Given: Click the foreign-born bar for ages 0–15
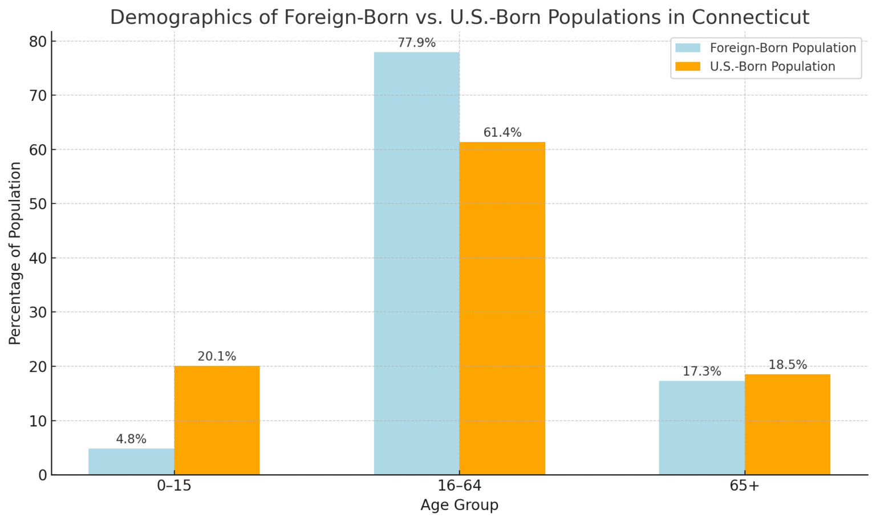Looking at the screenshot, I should pyautogui.click(x=131, y=462).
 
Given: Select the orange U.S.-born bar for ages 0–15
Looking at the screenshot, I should pyautogui.click(x=217, y=421).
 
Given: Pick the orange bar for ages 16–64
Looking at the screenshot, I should pyautogui.click(x=502, y=308).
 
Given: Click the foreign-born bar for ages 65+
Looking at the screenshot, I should pyautogui.click(x=701, y=427).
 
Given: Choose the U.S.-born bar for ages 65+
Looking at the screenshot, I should pyautogui.click(x=788, y=425).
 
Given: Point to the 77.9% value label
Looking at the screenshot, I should pyautogui.click(x=416, y=43).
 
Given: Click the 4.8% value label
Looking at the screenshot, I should pyautogui.click(x=131, y=439).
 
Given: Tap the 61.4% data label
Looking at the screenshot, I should pyautogui.click(x=502, y=133).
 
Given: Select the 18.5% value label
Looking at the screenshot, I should pyautogui.click(x=788, y=365).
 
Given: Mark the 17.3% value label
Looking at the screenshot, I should pyautogui.click(x=701, y=372).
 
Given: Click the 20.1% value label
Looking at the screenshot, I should pyautogui.click(x=217, y=357).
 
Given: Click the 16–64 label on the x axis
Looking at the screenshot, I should pyautogui.click(x=459, y=486).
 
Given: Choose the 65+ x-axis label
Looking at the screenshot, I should pyautogui.click(x=744, y=486).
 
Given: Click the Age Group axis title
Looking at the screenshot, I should pyautogui.click(x=459, y=505).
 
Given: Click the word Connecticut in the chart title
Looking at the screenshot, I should pyautogui.click(x=750, y=17).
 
